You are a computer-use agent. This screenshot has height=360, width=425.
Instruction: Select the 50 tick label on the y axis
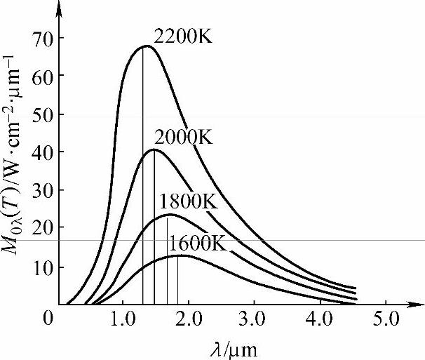click(41, 114)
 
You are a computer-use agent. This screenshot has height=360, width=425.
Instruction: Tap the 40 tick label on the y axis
click(41, 152)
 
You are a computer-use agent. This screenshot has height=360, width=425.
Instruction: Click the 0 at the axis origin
click(46, 320)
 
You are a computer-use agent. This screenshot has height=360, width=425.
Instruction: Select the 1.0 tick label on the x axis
click(126, 320)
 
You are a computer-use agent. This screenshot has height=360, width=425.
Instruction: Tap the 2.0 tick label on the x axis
click(190, 320)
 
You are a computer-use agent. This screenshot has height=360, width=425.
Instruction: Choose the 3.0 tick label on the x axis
click(255, 320)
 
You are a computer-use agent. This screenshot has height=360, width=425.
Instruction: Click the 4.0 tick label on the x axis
click(321, 320)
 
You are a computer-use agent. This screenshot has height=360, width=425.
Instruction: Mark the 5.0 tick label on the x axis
click(385, 320)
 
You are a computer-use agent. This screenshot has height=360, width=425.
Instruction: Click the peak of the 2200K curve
click(144, 46)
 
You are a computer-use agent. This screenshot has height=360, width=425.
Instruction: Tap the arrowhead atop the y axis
click(60, 7)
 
